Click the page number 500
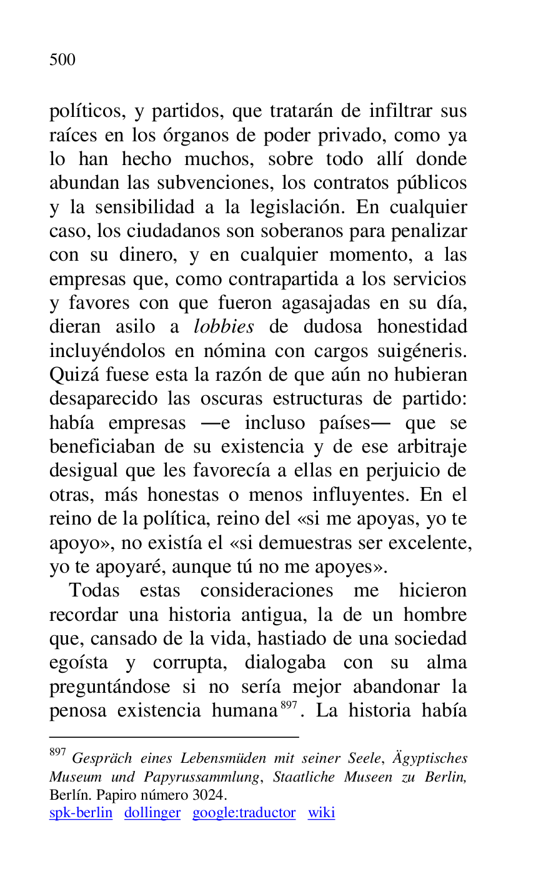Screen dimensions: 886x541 click(62, 59)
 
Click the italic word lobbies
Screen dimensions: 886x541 click(224, 326)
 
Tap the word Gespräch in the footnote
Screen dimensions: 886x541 click(102, 758)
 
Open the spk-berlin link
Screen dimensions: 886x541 click(81, 813)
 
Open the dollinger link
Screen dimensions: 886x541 click(152, 813)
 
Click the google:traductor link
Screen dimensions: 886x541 click(244, 813)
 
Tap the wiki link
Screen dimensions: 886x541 click(321, 813)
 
